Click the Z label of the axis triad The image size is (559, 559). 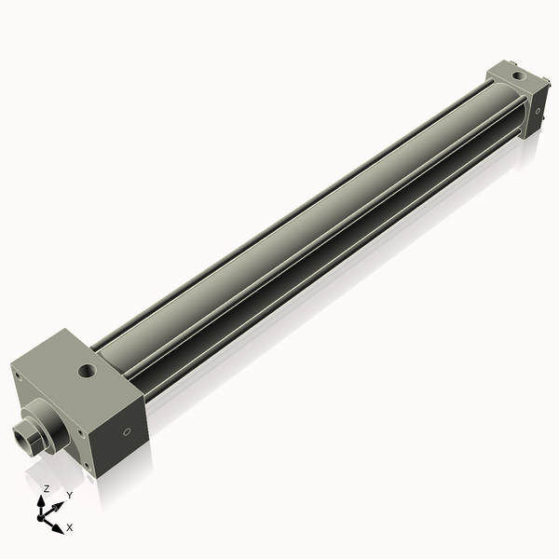pos(47,488)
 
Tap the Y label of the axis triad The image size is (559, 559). pos(69,495)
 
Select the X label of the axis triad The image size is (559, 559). pos(70,527)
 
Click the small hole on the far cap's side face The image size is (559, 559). pos(539,111)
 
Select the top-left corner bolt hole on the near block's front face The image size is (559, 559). pos(16,376)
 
